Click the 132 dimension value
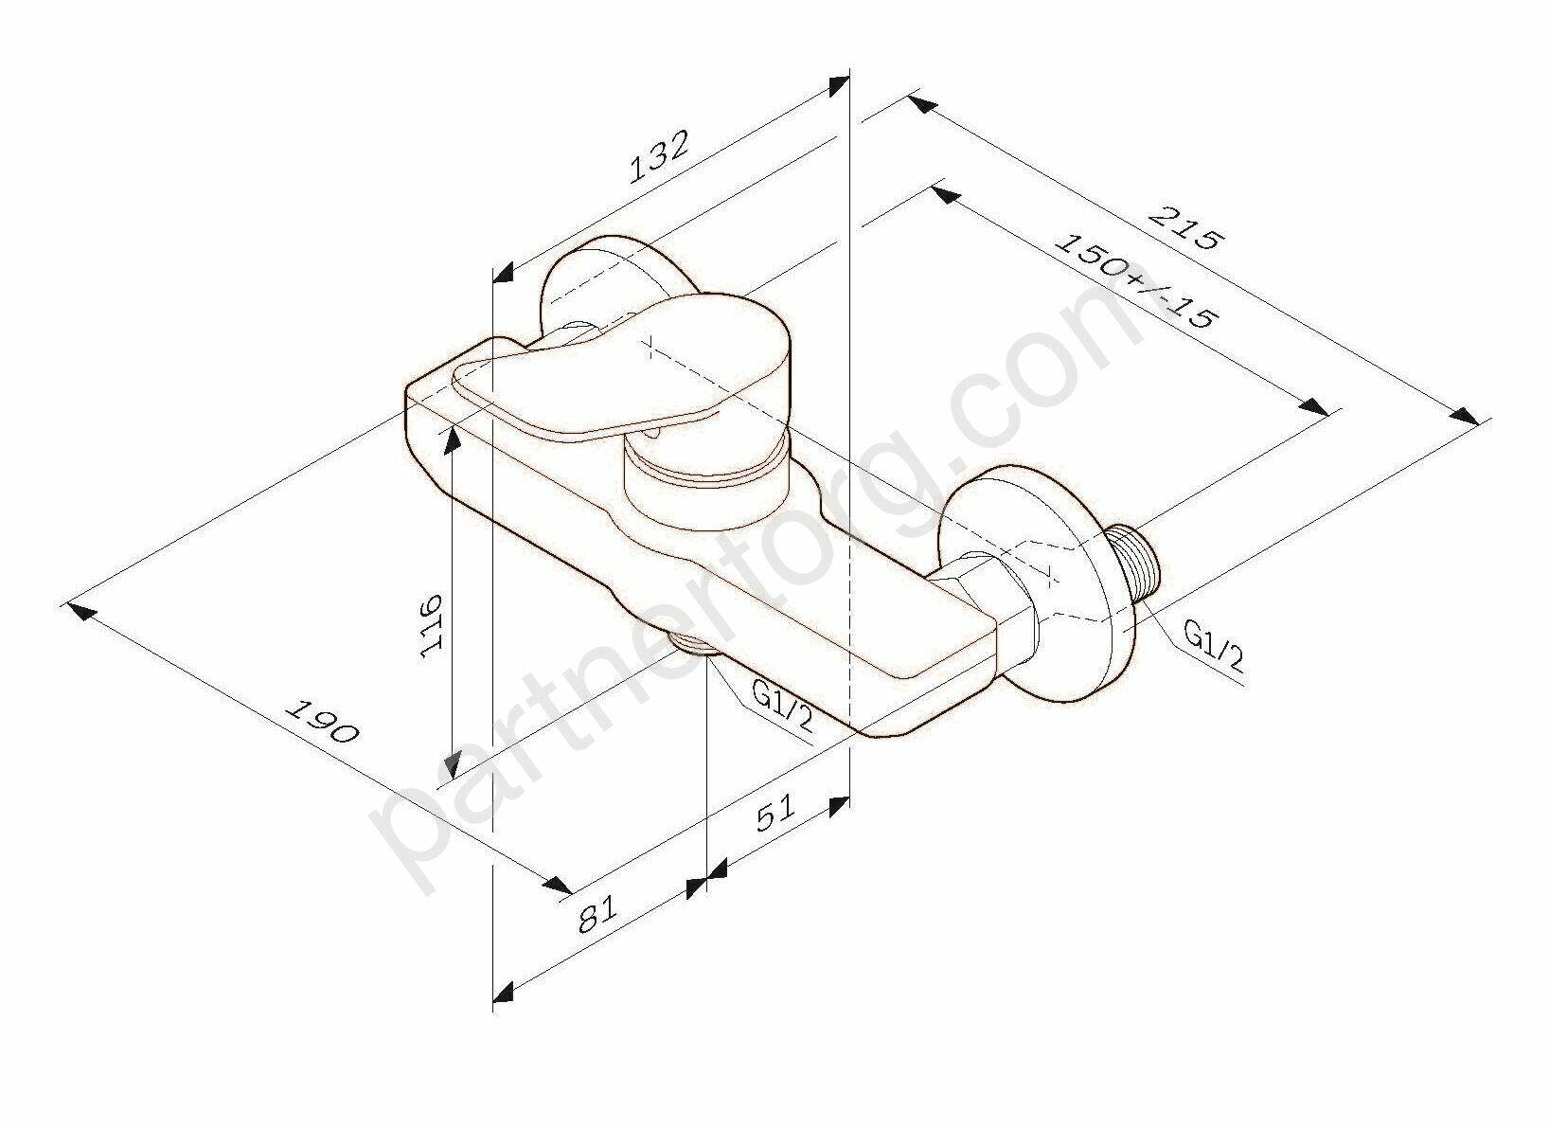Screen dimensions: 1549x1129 [x=659, y=156]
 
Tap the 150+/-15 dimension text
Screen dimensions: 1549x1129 [x=1135, y=282]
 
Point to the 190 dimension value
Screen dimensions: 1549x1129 [x=322, y=723]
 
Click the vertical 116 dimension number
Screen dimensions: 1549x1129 [x=432, y=624]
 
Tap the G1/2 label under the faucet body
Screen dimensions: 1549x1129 [x=782, y=710]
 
